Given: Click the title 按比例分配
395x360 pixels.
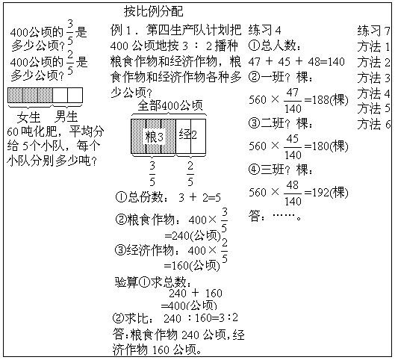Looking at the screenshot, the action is click(x=153, y=11).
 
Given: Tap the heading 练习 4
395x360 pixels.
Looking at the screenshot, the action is click(x=264, y=30).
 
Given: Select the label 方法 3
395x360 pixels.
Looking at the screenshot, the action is click(x=373, y=78).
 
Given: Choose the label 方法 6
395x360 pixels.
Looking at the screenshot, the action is click(x=373, y=124).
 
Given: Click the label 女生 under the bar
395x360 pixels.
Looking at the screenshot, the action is click(x=28, y=117).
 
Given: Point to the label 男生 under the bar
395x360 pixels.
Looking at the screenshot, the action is click(x=66, y=117).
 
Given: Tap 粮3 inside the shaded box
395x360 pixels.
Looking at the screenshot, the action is click(x=154, y=137).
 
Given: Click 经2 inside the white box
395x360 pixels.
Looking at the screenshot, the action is click(x=187, y=134).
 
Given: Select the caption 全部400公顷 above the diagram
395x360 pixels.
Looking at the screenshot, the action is click(x=170, y=105).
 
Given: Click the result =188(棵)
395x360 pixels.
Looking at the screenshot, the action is click(x=326, y=100).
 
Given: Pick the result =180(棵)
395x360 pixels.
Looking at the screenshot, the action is click(x=326, y=146).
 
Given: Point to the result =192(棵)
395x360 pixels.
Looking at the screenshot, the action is click(x=326, y=193).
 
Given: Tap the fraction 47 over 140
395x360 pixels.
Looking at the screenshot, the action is click(x=293, y=101).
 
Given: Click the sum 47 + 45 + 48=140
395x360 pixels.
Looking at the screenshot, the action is click(x=296, y=61).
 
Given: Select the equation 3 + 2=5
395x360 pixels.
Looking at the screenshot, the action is click(x=199, y=197).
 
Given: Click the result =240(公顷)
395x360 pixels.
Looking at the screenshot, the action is click(x=193, y=236).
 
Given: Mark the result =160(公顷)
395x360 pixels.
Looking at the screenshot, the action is click(x=192, y=266).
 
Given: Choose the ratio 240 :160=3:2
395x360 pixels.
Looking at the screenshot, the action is click(x=201, y=318).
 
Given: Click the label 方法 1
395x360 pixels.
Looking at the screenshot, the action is click(x=373, y=46).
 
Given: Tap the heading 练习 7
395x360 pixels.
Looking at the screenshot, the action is click(x=373, y=31).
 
